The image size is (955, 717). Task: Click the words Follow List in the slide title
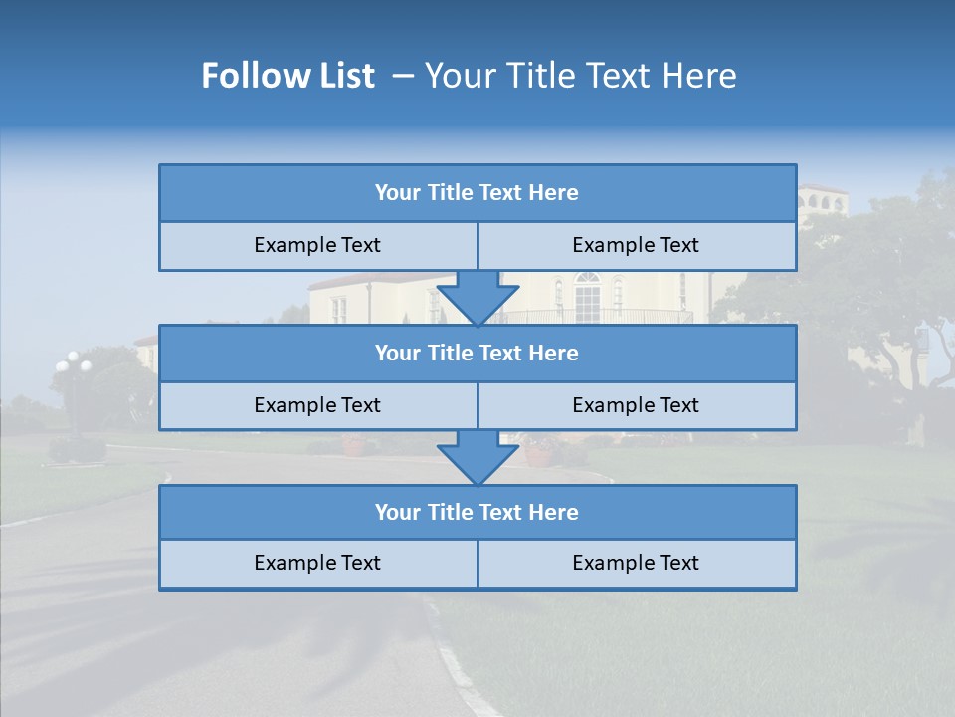pos(288,76)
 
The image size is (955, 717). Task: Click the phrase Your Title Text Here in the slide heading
pos(580,76)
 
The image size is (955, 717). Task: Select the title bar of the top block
pos(477,193)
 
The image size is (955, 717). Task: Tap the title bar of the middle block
pos(477,353)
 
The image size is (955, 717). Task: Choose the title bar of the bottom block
pos(477,512)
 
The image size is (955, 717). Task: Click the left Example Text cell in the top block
pos(317,245)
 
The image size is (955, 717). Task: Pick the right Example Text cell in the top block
pos(636,245)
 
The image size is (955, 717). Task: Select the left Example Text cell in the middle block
pos(317,405)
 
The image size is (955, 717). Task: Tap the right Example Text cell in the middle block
pos(636,405)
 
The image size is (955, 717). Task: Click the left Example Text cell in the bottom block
pos(317,563)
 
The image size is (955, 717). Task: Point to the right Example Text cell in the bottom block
pos(636,563)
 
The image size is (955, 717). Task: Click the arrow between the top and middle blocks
pos(477,297)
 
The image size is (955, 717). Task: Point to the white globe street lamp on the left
pos(73,364)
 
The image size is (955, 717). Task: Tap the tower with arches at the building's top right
pos(823,202)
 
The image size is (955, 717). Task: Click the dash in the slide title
pos(403,76)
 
